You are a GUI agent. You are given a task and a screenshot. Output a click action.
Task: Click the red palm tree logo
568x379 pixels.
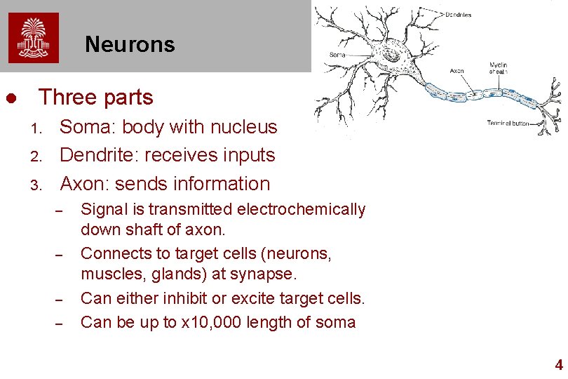tap(34, 38)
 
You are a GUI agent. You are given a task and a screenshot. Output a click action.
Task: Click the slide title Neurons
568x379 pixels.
tap(130, 45)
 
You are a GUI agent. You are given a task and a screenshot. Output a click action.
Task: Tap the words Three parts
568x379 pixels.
tap(96, 97)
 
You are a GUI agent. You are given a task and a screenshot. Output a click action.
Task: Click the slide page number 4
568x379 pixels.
tap(558, 365)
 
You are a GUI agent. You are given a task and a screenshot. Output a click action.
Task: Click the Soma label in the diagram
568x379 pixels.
tap(337, 55)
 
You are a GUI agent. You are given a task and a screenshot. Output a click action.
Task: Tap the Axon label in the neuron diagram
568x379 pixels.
tap(457, 71)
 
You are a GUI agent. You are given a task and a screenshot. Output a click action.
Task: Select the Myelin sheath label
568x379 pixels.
tap(499, 68)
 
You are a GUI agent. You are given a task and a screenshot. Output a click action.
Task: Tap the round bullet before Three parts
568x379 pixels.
tap(11, 98)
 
